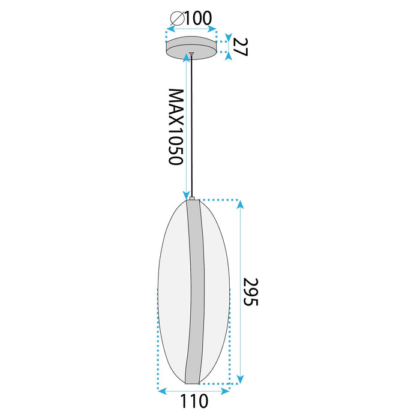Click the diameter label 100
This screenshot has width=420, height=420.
pyautogui.click(x=199, y=18)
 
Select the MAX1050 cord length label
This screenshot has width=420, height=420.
pyautogui.click(x=176, y=128)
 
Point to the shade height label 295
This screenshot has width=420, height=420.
pyautogui.click(x=251, y=292)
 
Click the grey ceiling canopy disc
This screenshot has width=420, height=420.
pyautogui.click(x=191, y=47)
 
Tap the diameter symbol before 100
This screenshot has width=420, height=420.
pyautogui.click(x=176, y=19)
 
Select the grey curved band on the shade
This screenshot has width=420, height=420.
pyautogui.click(x=195, y=288)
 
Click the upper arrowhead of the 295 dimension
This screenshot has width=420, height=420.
pyautogui.click(x=241, y=204)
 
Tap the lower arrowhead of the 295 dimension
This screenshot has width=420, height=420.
pyautogui.click(x=241, y=379)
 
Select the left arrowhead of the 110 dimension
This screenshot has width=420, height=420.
pyautogui.click(x=161, y=391)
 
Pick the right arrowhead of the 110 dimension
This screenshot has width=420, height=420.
pyautogui.click(x=226, y=391)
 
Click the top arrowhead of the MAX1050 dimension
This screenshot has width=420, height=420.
pyautogui.click(x=186, y=58)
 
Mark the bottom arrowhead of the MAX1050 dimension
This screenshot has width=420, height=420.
pyautogui.click(x=186, y=194)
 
